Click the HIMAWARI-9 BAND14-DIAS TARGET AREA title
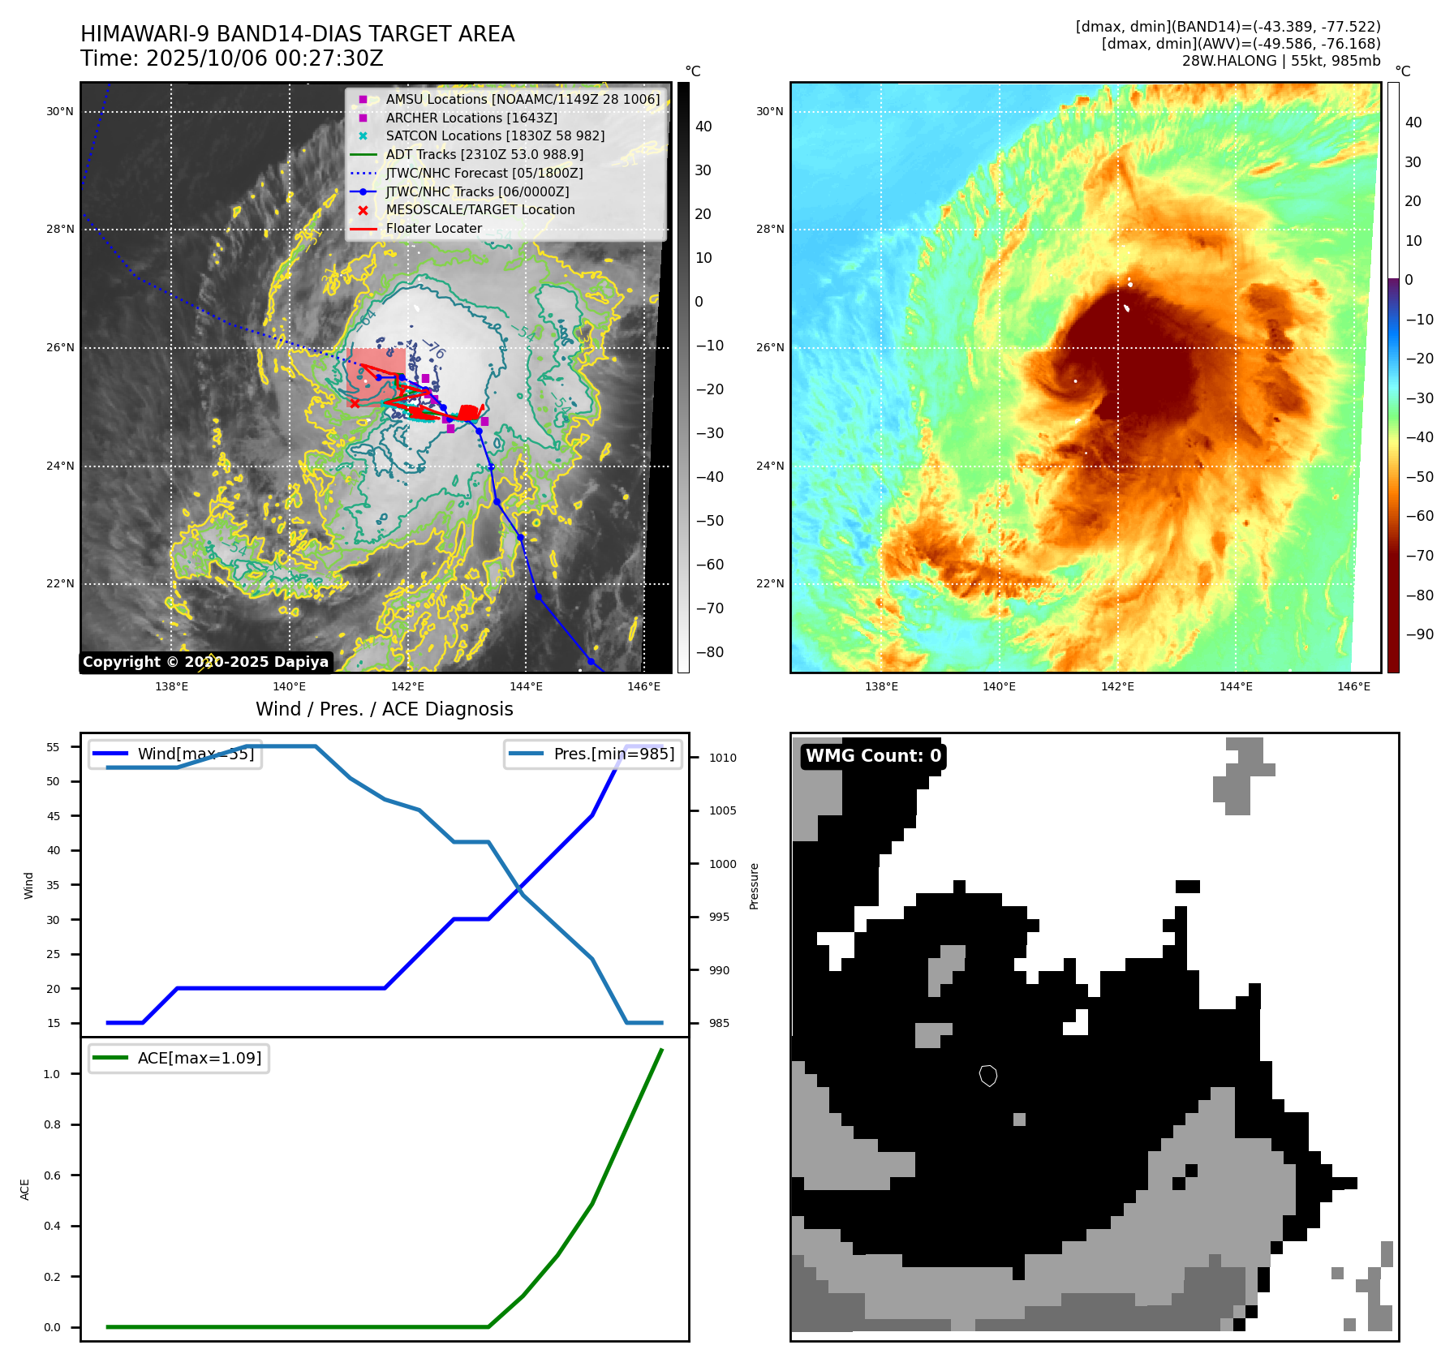point(297,34)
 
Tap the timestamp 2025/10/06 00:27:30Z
point(231,59)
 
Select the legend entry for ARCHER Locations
point(471,118)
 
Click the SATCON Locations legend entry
point(494,136)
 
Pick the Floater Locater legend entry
point(433,229)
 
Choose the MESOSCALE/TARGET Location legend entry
point(480,210)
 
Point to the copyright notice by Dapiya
point(205,662)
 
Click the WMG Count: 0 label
point(873,756)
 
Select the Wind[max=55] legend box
point(175,754)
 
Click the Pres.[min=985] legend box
point(593,754)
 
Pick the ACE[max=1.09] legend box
point(179,1058)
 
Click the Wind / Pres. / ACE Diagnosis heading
point(385,709)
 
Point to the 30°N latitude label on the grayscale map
point(60,112)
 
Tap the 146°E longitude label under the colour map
point(1353,687)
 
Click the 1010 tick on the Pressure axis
point(722,758)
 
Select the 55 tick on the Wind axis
point(54,747)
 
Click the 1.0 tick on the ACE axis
point(52,1074)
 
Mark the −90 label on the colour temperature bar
point(1419,634)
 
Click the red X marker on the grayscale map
point(354,403)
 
